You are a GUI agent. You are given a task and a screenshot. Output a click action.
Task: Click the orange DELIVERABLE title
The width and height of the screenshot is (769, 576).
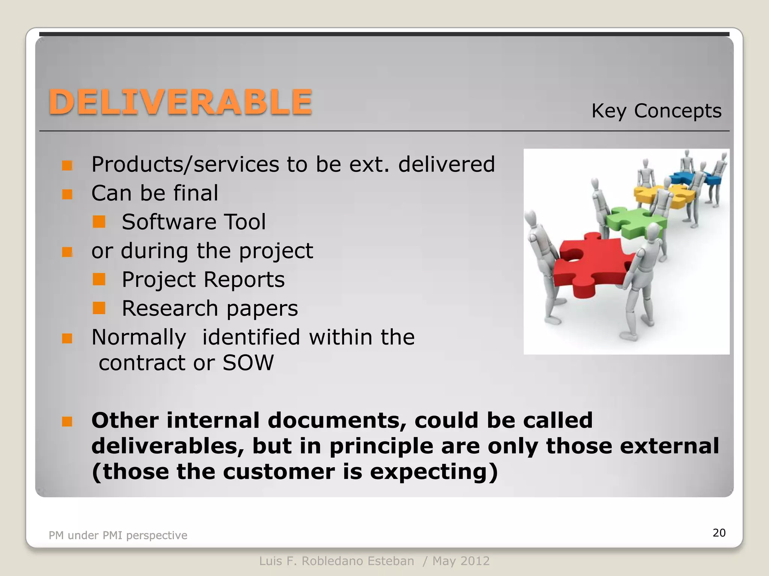point(180,102)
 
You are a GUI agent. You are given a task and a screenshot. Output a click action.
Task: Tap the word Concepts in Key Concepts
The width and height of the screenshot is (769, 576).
point(677,111)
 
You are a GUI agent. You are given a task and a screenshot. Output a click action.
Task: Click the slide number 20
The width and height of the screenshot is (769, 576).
point(719,532)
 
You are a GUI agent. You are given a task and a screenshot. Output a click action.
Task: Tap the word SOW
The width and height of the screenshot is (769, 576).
point(248,363)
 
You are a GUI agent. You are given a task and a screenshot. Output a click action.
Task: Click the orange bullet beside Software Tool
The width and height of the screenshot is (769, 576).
point(99,222)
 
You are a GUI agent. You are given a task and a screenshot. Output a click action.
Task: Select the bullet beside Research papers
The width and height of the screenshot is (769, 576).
point(99,308)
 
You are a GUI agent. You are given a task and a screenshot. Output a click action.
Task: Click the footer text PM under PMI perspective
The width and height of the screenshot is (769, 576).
point(118,535)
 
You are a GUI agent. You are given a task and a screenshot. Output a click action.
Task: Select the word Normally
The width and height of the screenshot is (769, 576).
point(139,337)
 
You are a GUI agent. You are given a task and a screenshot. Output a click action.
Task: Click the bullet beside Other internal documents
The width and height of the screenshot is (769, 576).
point(67,421)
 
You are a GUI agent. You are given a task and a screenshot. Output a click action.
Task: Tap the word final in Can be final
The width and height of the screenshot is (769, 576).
point(195,193)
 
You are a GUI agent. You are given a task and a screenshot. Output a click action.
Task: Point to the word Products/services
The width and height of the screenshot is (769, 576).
point(185,164)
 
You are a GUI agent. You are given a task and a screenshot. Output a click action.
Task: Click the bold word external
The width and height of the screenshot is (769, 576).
point(669,446)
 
